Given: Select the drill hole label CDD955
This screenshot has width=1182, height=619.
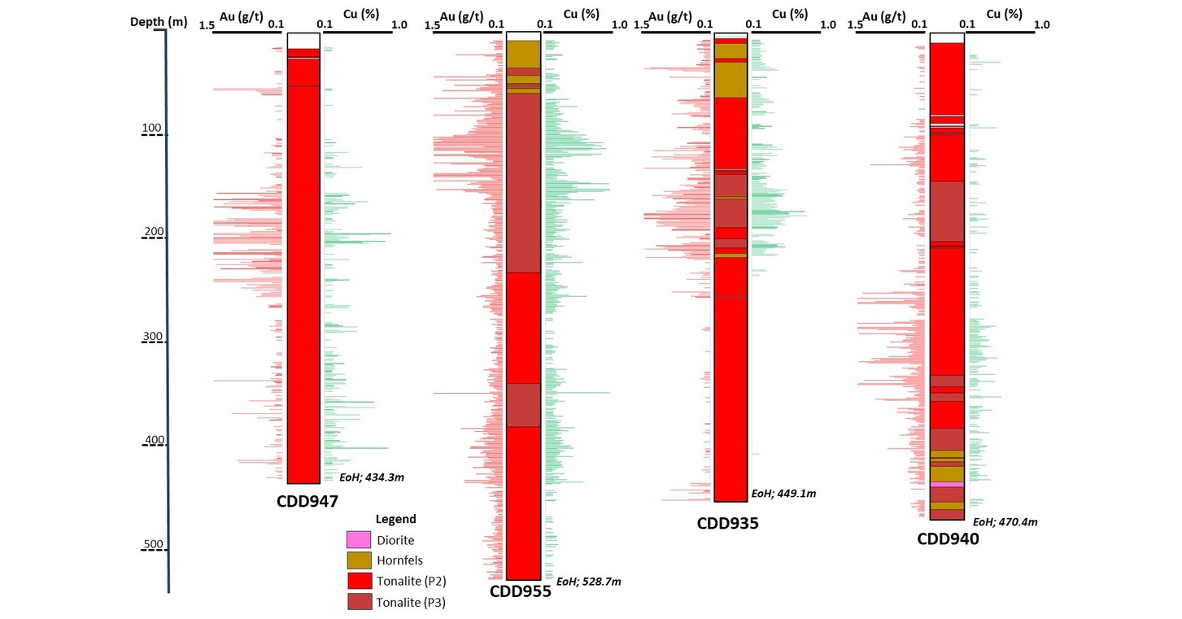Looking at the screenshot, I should (x=521, y=591).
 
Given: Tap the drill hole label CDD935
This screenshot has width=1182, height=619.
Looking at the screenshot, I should (x=727, y=523).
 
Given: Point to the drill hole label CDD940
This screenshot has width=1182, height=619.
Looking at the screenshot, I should (x=948, y=538).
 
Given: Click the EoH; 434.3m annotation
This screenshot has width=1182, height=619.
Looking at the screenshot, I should (x=371, y=477).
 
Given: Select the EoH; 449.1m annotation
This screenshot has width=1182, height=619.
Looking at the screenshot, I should (x=783, y=494).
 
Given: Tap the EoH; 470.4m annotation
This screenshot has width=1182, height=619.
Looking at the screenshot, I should (x=1005, y=522).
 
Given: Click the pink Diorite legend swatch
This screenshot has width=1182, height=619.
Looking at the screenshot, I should (x=359, y=539).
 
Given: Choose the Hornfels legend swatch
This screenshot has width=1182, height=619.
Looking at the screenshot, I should (x=359, y=560).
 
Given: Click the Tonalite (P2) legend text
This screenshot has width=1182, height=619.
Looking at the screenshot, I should (x=411, y=581).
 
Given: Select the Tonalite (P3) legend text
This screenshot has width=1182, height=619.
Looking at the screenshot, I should (x=411, y=602).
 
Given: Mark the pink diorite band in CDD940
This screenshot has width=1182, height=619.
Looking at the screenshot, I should (x=947, y=484).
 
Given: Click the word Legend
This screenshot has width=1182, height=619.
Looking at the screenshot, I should (x=395, y=519).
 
